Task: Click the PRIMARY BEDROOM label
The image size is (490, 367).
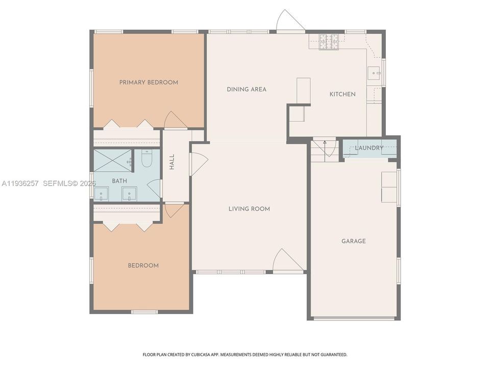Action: [x=149, y=82]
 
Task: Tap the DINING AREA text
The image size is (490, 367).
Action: [x=247, y=89]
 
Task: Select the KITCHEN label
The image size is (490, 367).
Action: [x=342, y=94]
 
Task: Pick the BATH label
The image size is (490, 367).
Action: [x=119, y=181]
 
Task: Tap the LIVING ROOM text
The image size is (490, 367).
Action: [x=249, y=208]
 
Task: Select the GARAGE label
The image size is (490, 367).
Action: [x=353, y=241]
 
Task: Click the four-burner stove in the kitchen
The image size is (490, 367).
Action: [x=329, y=42]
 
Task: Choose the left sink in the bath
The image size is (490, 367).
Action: [x=101, y=193]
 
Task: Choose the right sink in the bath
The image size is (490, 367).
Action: [x=129, y=193]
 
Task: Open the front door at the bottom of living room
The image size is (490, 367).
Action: [x=287, y=261]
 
